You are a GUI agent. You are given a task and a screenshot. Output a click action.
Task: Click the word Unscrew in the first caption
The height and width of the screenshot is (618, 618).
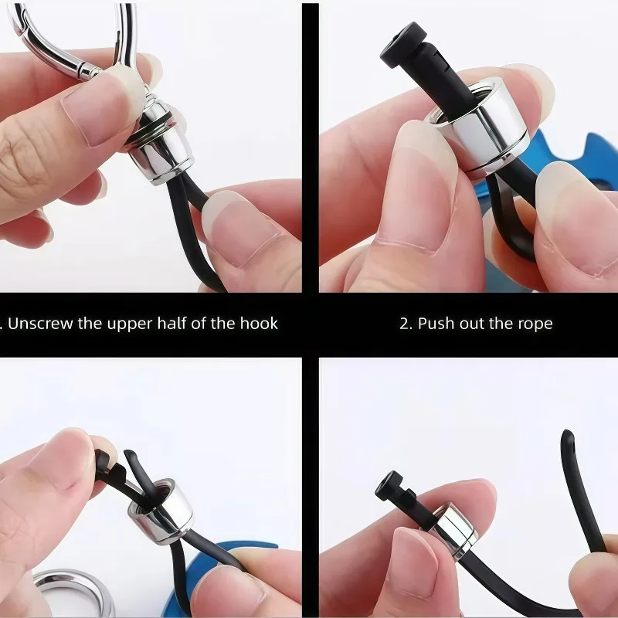(41, 324)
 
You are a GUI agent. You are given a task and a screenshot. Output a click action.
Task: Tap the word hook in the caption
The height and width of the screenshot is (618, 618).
(259, 324)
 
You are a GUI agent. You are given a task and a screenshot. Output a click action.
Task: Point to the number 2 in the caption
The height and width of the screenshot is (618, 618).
(404, 324)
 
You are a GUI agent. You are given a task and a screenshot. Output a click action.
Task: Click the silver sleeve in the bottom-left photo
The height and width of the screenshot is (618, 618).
(161, 511)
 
